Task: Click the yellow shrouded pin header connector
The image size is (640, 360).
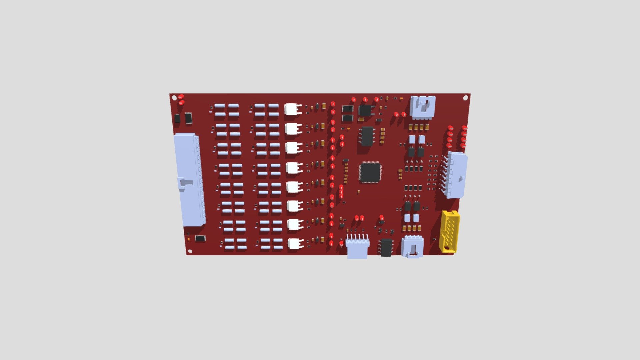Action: click(450, 231)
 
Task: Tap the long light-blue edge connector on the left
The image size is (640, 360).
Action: click(189, 180)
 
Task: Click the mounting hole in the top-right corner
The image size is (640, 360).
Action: click(466, 98)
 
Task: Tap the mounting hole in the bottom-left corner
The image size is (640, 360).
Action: click(190, 251)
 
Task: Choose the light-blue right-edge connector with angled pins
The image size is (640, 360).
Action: click(456, 175)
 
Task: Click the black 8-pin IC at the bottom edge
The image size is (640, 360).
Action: click(386, 247)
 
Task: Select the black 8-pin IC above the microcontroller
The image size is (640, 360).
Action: click(367, 136)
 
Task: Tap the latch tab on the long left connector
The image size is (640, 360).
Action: click(185, 182)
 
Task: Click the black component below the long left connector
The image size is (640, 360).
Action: click(200, 238)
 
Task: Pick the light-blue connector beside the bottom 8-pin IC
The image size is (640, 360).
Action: click(413, 247)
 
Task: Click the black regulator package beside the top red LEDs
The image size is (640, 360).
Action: click(365, 110)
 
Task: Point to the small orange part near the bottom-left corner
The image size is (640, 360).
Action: click(189, 239)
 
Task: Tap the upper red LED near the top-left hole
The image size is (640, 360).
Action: click(181, 97)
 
